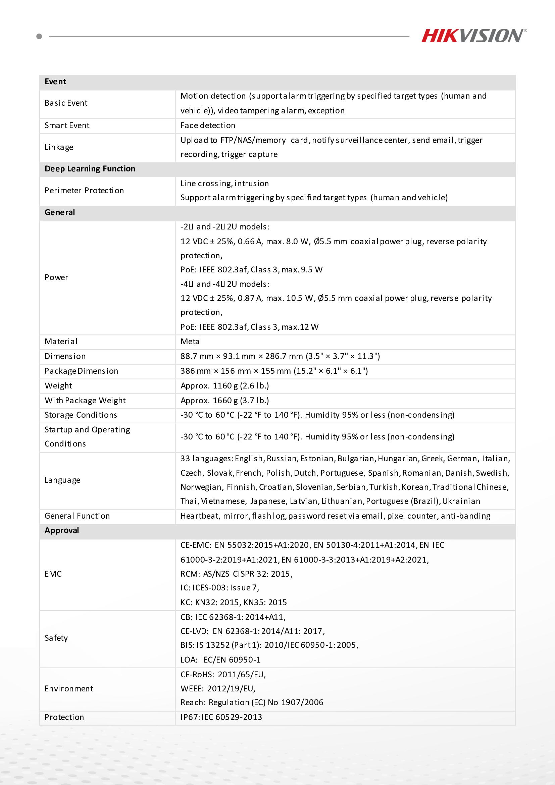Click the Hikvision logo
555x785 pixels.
473,36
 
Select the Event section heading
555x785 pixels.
55,82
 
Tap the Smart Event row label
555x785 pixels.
67,125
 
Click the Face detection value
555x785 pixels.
208,125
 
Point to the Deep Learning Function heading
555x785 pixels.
90,169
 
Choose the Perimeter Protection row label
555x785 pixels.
84,191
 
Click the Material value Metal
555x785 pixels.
191,342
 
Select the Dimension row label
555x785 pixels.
65,356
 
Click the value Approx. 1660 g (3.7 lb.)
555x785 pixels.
225,400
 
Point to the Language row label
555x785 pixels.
62,480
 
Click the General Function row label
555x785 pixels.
77,516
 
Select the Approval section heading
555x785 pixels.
62,531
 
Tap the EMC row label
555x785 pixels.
53,574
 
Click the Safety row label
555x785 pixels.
56,638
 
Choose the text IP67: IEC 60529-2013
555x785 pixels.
221,717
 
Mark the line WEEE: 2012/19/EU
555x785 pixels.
218,688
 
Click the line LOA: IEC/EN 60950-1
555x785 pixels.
220,660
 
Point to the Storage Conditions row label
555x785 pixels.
81,415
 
